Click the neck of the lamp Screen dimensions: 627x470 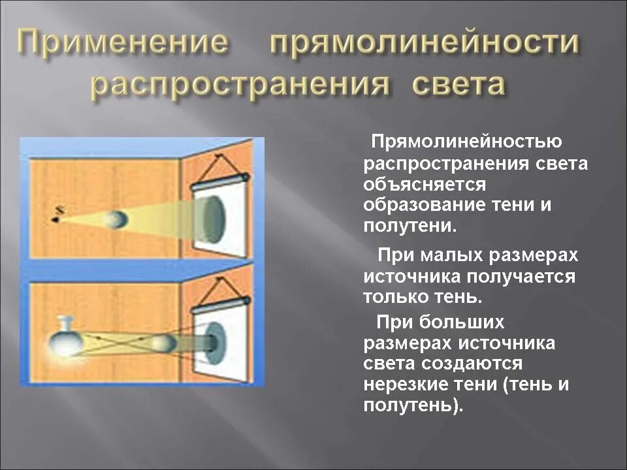[65, 322]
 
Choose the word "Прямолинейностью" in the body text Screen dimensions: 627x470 [466, 142]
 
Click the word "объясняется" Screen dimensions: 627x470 [425, 184]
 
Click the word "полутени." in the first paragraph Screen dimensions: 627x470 [409, 227]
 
